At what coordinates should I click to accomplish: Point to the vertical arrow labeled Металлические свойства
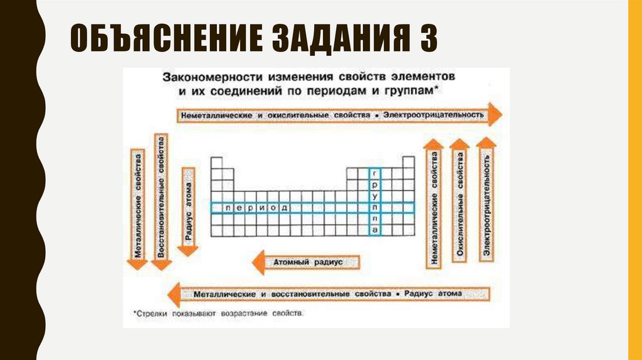138,207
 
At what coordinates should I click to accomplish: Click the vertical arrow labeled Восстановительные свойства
161,201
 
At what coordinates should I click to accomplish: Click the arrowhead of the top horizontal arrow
495,115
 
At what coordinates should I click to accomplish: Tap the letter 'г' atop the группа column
374,172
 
